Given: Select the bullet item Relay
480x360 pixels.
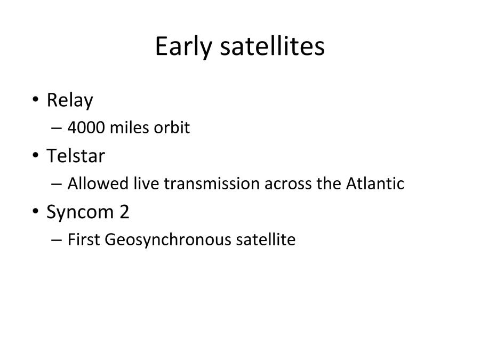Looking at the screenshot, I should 69,100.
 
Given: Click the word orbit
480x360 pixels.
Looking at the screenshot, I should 171,129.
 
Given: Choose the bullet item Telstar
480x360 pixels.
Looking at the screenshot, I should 76,156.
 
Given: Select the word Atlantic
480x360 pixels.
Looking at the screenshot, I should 375,184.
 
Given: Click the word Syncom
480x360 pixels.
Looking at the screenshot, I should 80,212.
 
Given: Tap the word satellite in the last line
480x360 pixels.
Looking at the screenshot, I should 265,240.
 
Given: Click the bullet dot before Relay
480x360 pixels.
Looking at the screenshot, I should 35,100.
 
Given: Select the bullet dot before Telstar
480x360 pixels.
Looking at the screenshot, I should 35,156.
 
